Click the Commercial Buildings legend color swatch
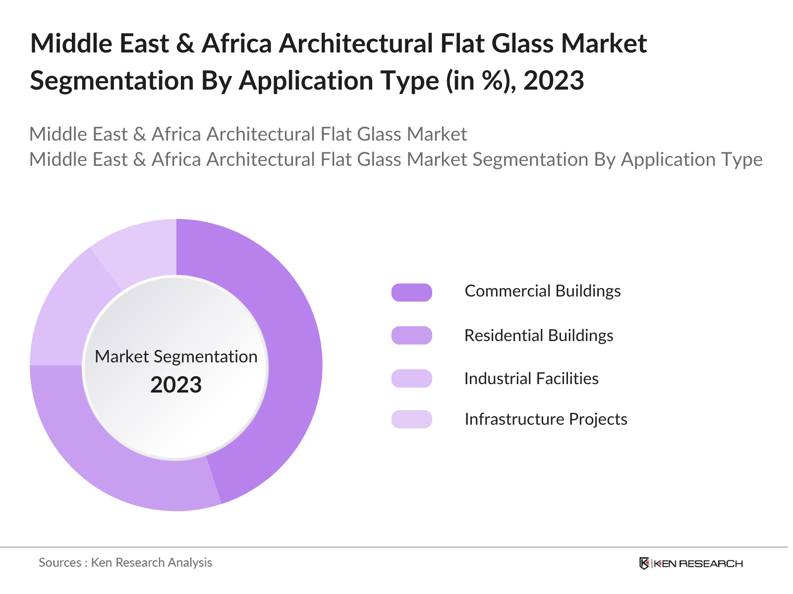(411, 292)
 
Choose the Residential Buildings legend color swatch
(411, 336)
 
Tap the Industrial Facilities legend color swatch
(411, 379)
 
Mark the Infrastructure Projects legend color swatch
(411, 419)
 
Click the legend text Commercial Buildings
(542, 291)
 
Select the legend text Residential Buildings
(538, 336)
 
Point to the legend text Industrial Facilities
(531, 379)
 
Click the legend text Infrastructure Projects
(546, 419)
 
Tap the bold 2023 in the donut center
(176, 385)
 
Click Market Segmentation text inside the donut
(176, 356)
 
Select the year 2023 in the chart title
(554, 81)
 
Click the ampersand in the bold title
(185, 44)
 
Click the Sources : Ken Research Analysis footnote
(125, 563)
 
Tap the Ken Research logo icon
(644, 563)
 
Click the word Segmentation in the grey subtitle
(529, 159)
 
